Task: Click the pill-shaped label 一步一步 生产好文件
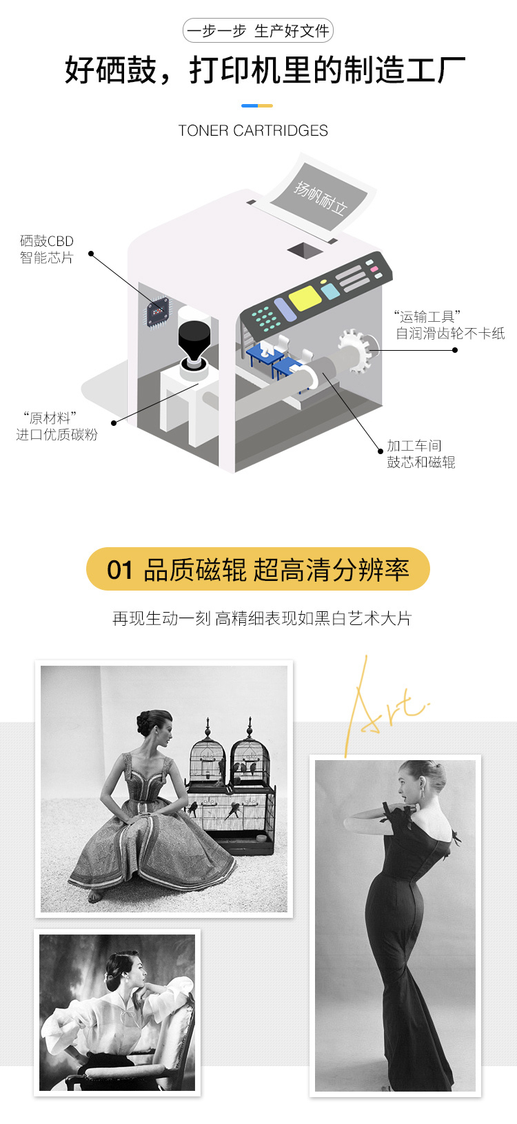click(x=258, y=30)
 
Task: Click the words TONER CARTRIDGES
click(x=253, y=130)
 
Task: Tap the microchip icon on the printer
click(x=158, y=312)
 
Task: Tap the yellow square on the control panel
click(x=305, y=297)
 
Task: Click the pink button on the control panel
click(x=374, y=269)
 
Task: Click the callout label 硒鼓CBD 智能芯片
click(x=47, y=249)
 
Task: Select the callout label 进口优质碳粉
click(x=57, y=435)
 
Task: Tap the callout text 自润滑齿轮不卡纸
click(x=450, y=333)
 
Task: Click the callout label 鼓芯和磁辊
click(x=420, y=462)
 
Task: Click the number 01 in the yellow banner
click(x=119, y=570)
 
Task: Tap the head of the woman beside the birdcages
click(x=154, y=727)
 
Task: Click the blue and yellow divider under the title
click(x=257, y=106)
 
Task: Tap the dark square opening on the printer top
click(x=305, y=250)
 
